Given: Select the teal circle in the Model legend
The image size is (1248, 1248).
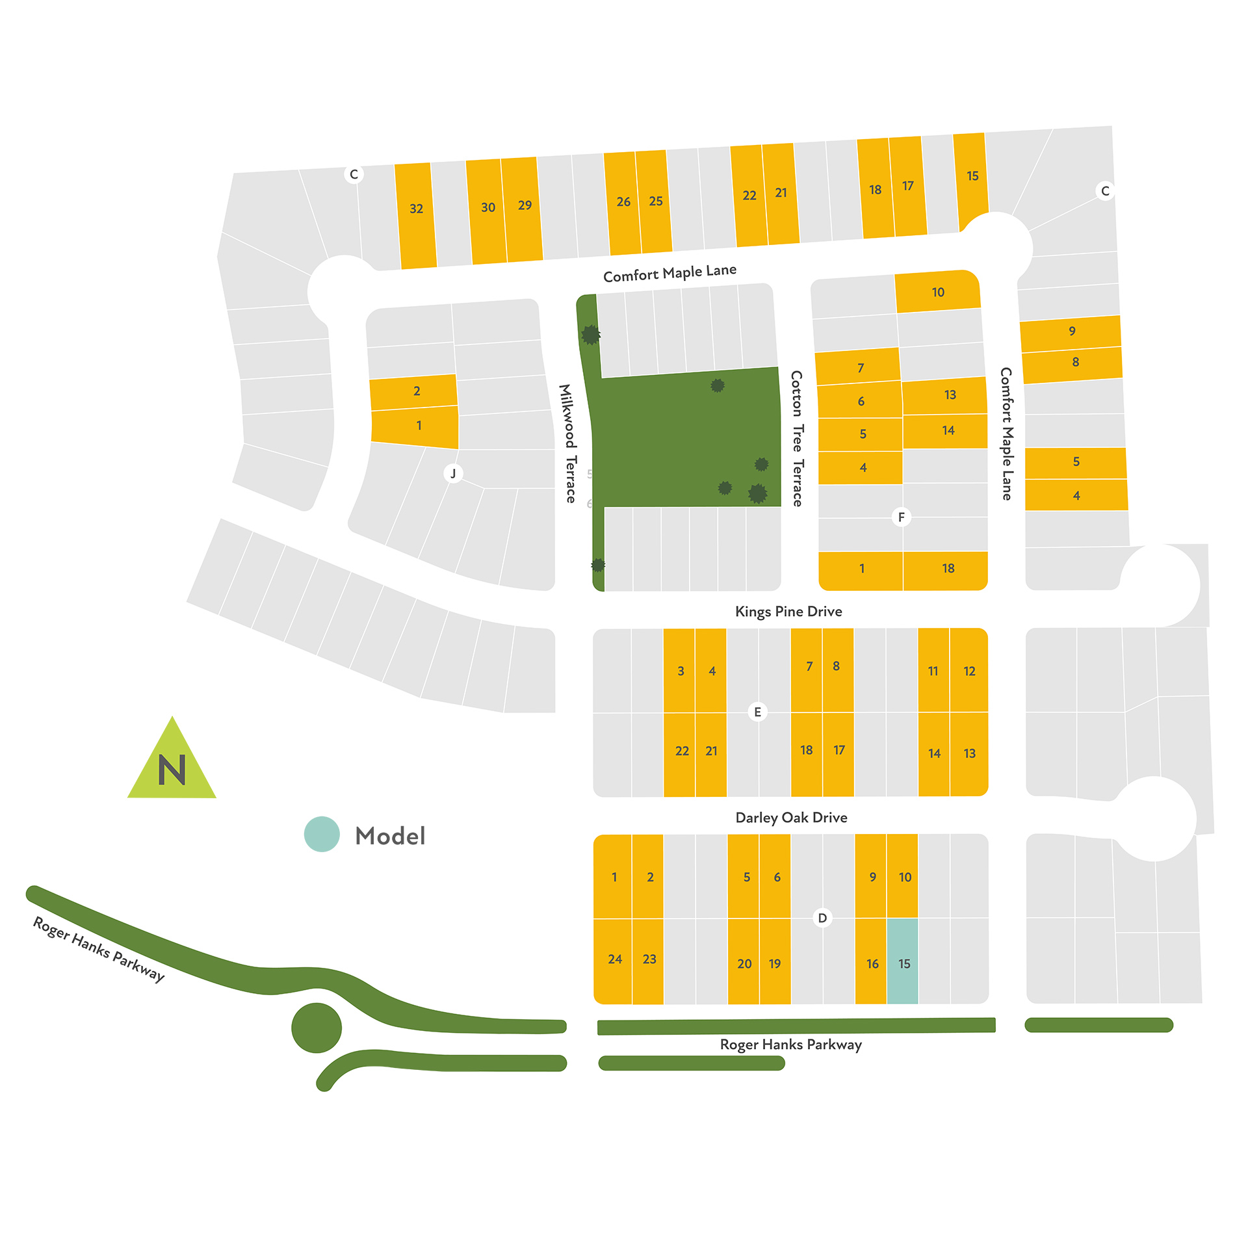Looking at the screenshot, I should (x=322, y=834).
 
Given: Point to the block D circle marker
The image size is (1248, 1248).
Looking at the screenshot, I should (x=822, y=918).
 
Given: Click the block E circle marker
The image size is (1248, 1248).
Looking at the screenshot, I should (x=757, y=712).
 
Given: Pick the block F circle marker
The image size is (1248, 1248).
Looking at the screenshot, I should (x=901, y=517).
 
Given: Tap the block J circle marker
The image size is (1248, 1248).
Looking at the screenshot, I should (x=453, y=473).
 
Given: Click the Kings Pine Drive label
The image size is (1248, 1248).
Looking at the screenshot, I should (x=788, y=611).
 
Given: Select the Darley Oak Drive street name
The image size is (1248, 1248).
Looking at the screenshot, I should (x=791, y=817).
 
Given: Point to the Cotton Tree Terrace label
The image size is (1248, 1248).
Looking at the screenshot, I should (x=797, y=438).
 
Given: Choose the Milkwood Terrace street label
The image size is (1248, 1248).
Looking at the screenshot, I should (x=568, y=443).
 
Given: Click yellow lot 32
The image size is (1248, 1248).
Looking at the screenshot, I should (x=416, y=215).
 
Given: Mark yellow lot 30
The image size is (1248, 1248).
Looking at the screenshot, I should (x=487, y=211).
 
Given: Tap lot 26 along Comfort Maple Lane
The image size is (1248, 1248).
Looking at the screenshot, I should (x=623, y=203).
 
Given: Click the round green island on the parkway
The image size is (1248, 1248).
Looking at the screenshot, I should (x=317, y=1028).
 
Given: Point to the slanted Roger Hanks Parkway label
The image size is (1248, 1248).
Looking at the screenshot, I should (x=99, y=949).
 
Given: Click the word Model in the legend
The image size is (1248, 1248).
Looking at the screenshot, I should (x=390, y=836).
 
